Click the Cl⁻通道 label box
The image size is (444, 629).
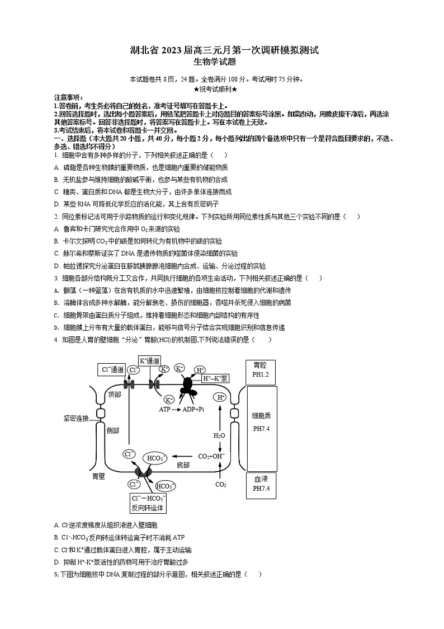coord(112,369)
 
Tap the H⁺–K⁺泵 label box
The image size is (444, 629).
coord(215,378)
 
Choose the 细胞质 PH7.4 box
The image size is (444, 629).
coord(261,422)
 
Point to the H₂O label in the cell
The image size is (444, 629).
coord(219,435)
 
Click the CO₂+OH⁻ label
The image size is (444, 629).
coord(212,457)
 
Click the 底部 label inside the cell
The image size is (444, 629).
coord(183,464)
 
